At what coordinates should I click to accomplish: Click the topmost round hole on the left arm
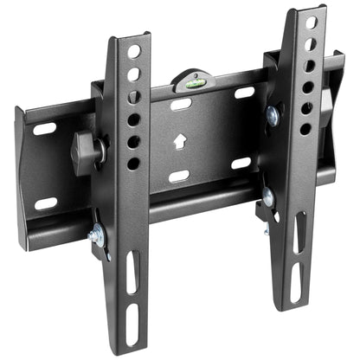click(x=133, y=52)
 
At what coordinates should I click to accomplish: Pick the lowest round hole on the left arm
click(x=133, y=163)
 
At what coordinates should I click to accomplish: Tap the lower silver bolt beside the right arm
click(x=268, y=197)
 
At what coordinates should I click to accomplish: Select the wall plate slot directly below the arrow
click(x=179, y=177)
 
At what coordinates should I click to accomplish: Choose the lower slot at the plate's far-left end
click(x=45, y=202)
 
